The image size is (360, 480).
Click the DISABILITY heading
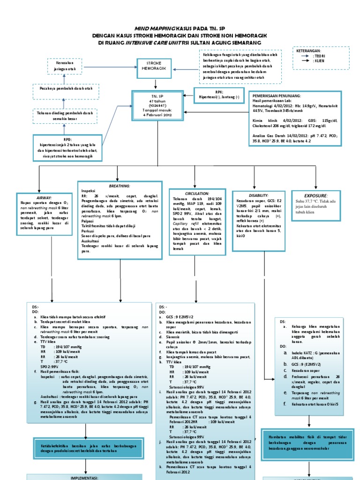pos(259,195)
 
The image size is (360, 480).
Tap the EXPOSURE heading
pos(316,195)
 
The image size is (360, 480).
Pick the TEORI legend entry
pos(320,56)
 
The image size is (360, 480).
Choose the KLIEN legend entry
pos(320,61)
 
